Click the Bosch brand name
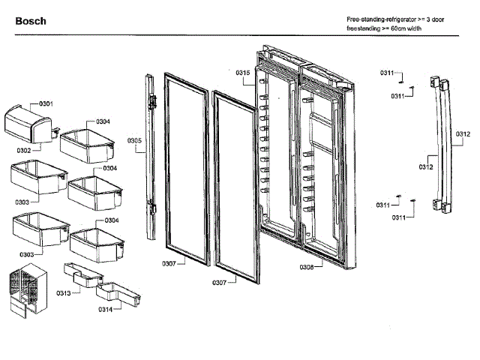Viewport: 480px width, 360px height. pos(31,21)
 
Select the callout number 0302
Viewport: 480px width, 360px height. pos(24,150)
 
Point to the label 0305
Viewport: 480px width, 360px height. pos(134,140)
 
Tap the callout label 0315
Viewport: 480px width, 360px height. pos(242,73)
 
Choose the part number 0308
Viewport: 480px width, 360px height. pos(307,267)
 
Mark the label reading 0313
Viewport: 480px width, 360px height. pos(64,292)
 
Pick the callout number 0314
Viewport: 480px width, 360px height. pos(105,309)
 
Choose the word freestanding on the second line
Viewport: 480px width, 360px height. pos(362,28)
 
